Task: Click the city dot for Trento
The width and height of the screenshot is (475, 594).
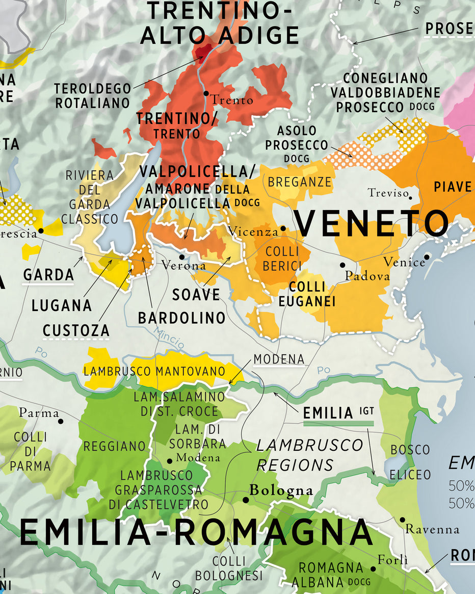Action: tap(206, 93)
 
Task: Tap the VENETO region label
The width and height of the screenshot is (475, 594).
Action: tap(372, 223)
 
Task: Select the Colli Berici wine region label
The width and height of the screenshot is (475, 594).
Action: tap(282, 259)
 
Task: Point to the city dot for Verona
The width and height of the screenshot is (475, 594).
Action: tap(181, 256)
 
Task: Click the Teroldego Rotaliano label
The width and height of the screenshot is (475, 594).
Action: tap(92, 96)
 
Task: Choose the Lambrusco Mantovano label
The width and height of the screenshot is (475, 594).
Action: tap(154, 371)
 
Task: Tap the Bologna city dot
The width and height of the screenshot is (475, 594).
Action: tap(245, 500)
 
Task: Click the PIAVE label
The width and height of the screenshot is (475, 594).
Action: tap(453, 187)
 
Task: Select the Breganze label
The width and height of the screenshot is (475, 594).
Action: tap(300, 182)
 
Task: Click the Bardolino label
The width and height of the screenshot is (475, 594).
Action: tap(181, 318)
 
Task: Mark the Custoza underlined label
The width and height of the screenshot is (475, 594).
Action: tap(76, 330)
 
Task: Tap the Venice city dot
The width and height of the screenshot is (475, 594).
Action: tap(427, 256)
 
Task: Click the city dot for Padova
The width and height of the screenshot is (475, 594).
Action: tap(342, 265)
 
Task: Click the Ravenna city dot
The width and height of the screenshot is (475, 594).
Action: tap(402, 520)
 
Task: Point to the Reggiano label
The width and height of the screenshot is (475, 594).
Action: tap(115, 446)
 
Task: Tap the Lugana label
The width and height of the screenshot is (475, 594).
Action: tap(62, 305)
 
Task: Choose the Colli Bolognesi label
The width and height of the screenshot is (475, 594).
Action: tap(229, 568)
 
